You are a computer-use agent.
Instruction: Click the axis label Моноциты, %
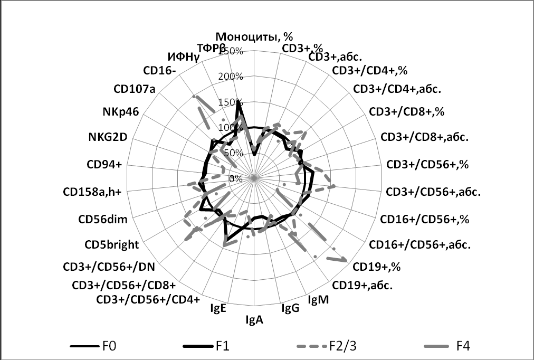(x=256, y=37)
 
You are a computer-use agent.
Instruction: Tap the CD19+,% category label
(x=377, y=267)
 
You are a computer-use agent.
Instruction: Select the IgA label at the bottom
(x=255, y=319)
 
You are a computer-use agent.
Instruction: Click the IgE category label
(x=218, y=309)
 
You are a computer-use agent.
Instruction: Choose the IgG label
(x=290, y=308)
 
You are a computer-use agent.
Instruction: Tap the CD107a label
(x=135, y=88)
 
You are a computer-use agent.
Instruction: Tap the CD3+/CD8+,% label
(x=407, y=112)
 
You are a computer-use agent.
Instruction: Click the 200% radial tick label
(x=231, y=77)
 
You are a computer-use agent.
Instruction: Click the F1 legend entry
(x=222, y=346)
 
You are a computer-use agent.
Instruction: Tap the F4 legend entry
(x=463, y=346)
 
